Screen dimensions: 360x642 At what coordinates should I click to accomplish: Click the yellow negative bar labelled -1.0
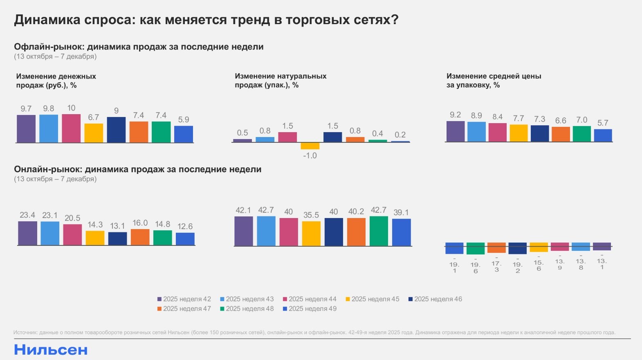(x=310, y=146)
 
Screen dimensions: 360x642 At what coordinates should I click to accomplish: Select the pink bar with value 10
(x=71, y=128)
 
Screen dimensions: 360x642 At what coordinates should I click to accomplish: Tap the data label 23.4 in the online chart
(x=27, y=215)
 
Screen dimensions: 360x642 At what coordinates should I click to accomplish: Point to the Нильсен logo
(x=51, y=350)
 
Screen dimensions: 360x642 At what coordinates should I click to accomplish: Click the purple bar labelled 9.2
(x=455, y=131)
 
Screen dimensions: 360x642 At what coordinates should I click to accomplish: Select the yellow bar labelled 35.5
(x=311, y=234)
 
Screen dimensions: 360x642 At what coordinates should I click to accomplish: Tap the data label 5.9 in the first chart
(x=184, y=120)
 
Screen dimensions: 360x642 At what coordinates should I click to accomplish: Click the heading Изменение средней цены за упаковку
(x=494, y=81)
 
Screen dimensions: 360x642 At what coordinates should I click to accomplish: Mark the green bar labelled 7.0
(x=581, y=134)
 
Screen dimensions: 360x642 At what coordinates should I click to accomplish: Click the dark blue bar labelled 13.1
(x=117, y=239)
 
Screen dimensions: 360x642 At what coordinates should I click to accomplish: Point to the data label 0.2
(x=400, y=135)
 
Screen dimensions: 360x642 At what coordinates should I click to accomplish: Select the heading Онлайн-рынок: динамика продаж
(x=137, y=169)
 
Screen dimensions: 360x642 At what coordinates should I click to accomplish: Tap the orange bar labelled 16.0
(x=140, y=237)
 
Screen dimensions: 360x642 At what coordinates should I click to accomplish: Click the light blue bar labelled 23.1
(x=50, y=233)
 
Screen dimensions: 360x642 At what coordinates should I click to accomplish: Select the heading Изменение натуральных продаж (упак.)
(x=281, y=81)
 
